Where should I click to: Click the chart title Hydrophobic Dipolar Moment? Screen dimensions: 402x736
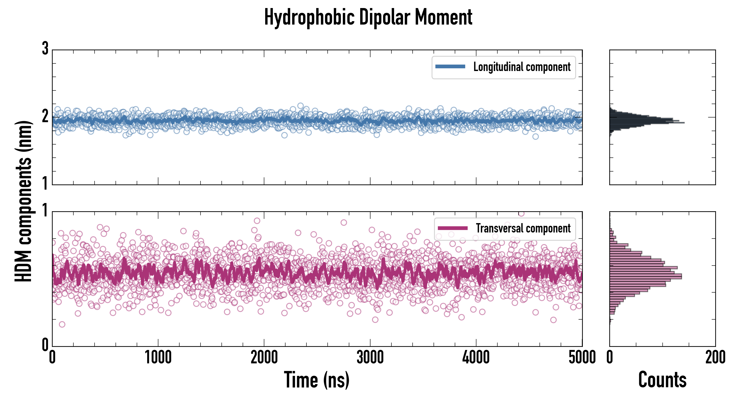tap(368, 17)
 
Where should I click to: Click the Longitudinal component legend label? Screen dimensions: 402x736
tap(522, 67)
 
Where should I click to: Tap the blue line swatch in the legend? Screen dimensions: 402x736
tap(450, 67)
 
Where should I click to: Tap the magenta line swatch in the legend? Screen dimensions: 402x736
tap(453, 228)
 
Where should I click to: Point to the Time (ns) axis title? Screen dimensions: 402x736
tap(316, 380)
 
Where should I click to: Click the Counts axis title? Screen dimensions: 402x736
tap(662, 380)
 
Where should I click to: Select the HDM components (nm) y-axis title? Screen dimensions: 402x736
tap(23, 201)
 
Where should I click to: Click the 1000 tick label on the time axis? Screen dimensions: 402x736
tap(158, 358)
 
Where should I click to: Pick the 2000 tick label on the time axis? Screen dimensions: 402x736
tap(264, 358)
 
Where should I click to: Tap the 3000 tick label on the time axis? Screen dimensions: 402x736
tap(370, 358)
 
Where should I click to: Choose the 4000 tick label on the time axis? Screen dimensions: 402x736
tap(476, 358)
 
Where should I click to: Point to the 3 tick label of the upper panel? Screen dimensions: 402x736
tap(45, 49)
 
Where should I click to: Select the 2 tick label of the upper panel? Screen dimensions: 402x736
tap(45, 116)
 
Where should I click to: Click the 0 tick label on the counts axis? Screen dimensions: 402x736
tap(610, 358)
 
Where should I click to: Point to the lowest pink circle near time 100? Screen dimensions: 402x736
tap(62, 324)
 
